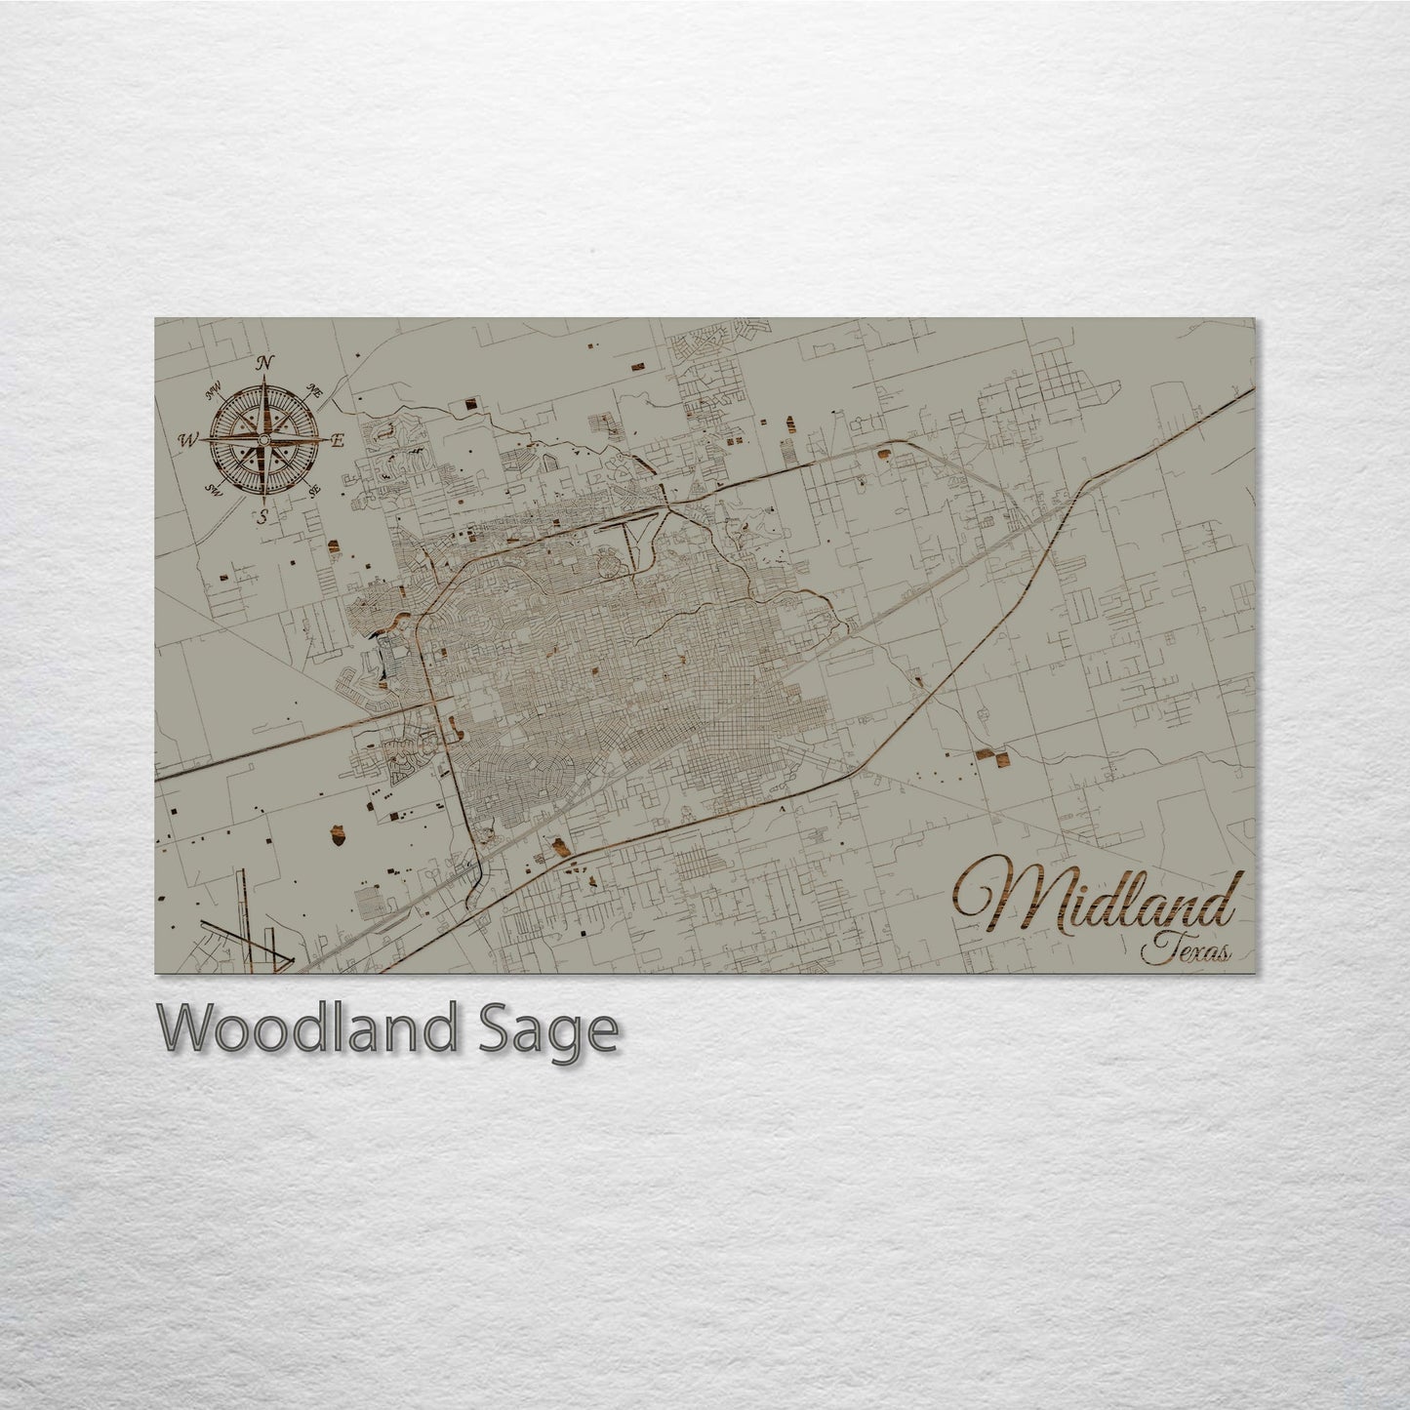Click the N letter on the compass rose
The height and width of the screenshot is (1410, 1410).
263,364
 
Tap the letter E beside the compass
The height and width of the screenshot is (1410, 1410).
338,441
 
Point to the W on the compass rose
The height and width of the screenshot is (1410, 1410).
185,441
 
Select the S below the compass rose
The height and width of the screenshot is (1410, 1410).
262,517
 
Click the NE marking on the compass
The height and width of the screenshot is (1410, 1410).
314,390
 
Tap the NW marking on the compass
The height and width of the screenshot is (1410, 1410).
212,393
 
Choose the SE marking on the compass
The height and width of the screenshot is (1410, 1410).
314,491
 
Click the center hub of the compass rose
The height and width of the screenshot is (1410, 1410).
262,441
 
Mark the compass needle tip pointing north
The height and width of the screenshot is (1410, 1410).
262,381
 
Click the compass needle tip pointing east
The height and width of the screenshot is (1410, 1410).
326,441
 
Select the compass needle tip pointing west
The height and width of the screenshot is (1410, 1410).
200,441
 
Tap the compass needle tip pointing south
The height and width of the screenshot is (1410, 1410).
262,503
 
